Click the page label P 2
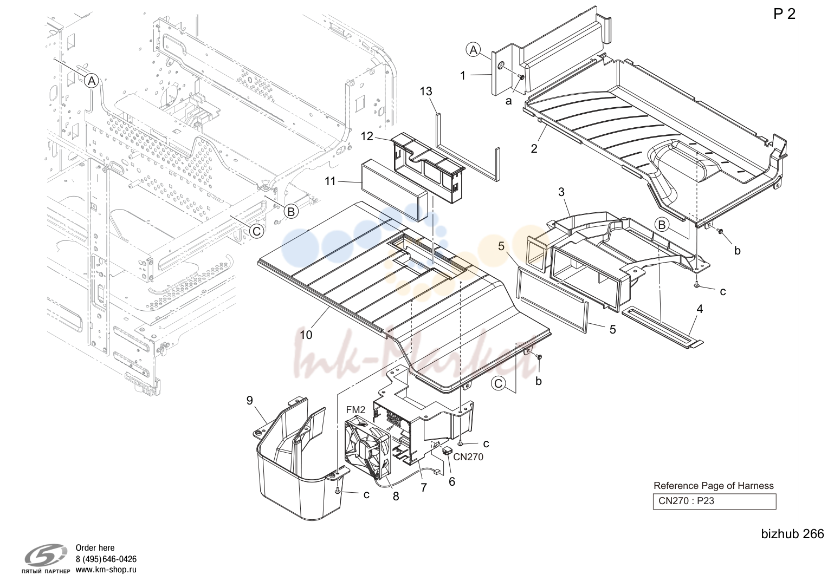point(785,14)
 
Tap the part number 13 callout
point(426,91)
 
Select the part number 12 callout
point(367,136)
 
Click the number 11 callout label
point(330,181)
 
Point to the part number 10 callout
point(306,335)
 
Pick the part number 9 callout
point(249,400)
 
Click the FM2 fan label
point(355,409)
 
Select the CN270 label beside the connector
point(468,457)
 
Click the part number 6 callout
point(451,482)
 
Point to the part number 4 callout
point(700,309)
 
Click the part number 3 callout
point(561,192)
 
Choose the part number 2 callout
point(534,148)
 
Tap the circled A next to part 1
point(473,50)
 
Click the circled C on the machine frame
point(256,231)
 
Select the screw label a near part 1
point(509,101)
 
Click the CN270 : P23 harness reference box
point(714,501)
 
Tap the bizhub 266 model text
point(792,534)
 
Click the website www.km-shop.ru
point(106,570)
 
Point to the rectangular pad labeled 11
point(394,190)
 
